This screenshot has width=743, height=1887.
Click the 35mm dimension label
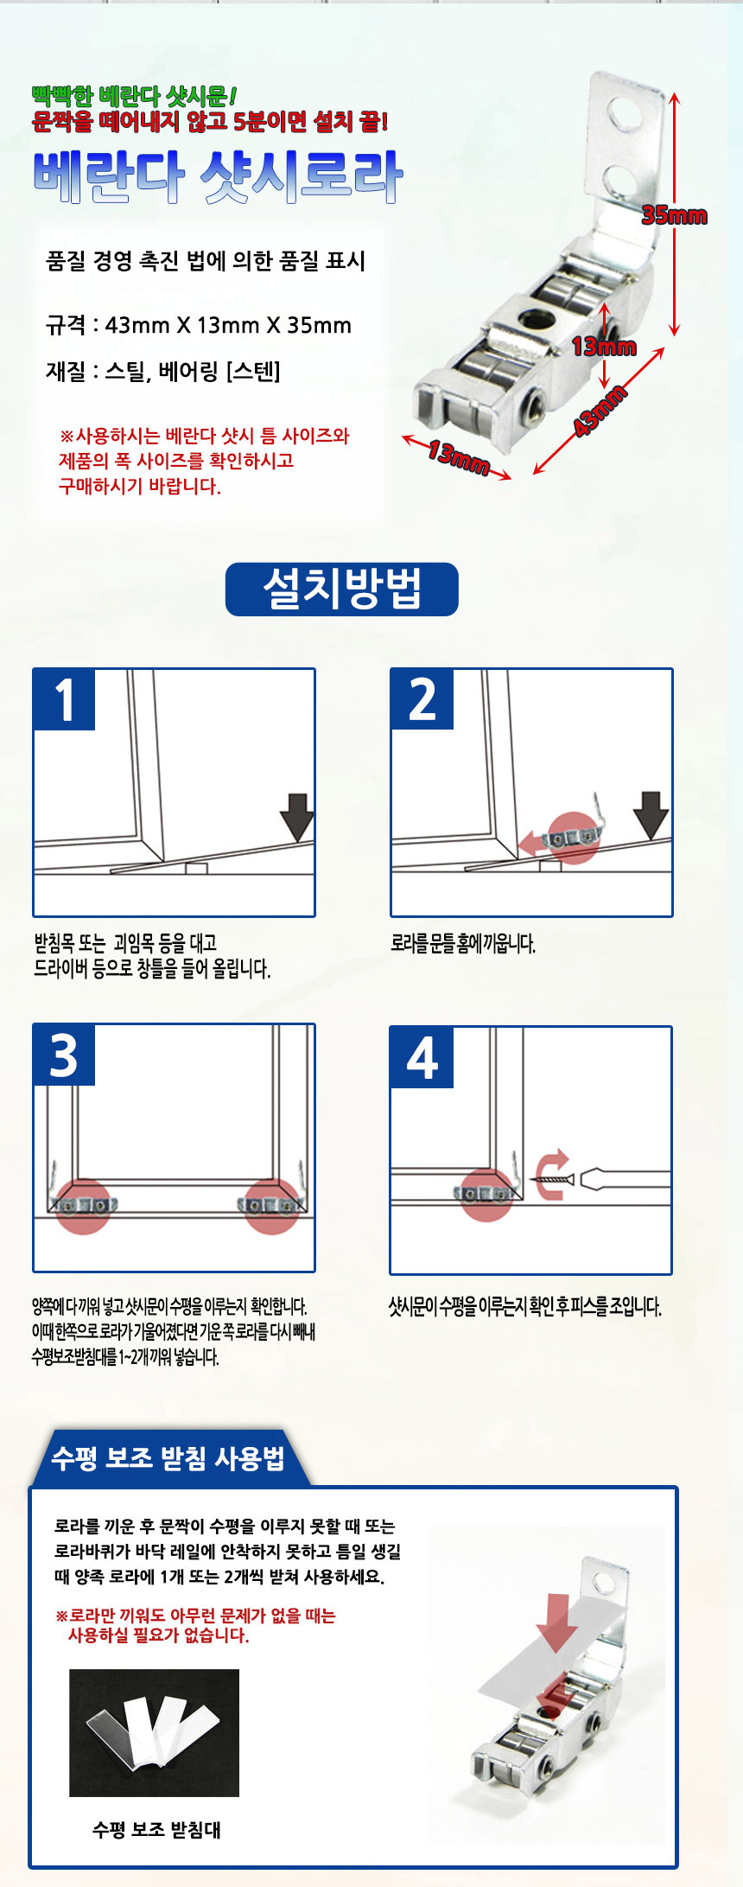point(674,215)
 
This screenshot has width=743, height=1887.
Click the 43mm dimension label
point(600,411)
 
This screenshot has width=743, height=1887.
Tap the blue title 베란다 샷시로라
point(218,176)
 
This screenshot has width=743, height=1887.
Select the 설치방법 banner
point(341,590)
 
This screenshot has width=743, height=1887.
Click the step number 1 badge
point(64,699)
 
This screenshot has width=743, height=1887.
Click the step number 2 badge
point(422,699)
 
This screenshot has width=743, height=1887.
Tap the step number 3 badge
point(64,1055)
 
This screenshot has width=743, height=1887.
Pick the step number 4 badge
point(422,1057)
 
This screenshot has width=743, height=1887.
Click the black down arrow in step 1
point(296,816)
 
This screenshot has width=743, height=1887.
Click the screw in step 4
point(553,1178)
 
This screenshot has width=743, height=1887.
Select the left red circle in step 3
point(83,1205)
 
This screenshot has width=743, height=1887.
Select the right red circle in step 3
point(272,1205)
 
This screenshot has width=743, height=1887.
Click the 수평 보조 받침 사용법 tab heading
point(168,1458)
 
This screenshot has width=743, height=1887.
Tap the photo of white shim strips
point(154,1733)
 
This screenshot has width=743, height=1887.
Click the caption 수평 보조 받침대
point(156,1829)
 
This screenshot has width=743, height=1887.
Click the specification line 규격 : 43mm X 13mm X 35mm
point(199,326)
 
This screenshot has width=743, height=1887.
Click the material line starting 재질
point(163,372)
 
